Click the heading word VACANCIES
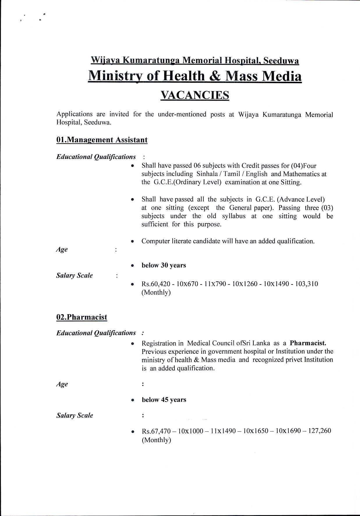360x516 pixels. (x=195, y=95)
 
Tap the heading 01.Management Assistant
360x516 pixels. (x=102, y=140)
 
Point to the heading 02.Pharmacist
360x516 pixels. (x=82, y=317)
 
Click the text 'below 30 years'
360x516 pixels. (x=164, y=265)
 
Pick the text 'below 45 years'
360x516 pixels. (x=164, y=400)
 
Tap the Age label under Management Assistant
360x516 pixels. (x=62, y=250)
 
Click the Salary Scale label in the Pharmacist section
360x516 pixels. (x=75, y=415)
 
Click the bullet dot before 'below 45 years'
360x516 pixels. (x=132, y=400)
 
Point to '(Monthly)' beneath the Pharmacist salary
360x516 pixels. (x=156, y=440)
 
